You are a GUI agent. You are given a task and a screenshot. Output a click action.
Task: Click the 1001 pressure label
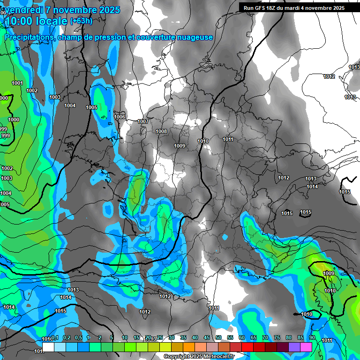pos(17,83)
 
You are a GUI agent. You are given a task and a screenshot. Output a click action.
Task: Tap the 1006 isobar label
pos(120,117)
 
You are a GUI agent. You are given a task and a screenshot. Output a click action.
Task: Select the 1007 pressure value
pos(143,121)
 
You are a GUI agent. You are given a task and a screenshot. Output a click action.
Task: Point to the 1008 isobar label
pos(161,131)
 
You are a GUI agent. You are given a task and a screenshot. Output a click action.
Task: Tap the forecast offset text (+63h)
pos(81,21)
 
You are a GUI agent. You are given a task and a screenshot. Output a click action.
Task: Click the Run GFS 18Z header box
pos(294,8)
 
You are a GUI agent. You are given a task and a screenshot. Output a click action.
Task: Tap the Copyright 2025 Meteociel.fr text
pos(199,356)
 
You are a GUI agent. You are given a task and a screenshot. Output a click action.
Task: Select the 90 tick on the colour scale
pos(312,337)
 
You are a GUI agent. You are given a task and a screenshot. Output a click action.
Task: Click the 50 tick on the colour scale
pos(218,337)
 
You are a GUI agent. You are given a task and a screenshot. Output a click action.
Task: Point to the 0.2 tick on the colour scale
pos(67,337)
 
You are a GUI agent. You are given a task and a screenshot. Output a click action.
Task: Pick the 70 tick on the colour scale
pos(265,337)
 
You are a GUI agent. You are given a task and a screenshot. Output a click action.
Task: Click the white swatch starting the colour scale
pos(48,346)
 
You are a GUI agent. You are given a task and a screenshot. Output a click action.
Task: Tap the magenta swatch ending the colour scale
pos(306,346)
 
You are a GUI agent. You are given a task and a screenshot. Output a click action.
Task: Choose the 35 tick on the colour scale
pos(183,337)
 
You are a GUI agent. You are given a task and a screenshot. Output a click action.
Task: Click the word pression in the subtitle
pos(111,37)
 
